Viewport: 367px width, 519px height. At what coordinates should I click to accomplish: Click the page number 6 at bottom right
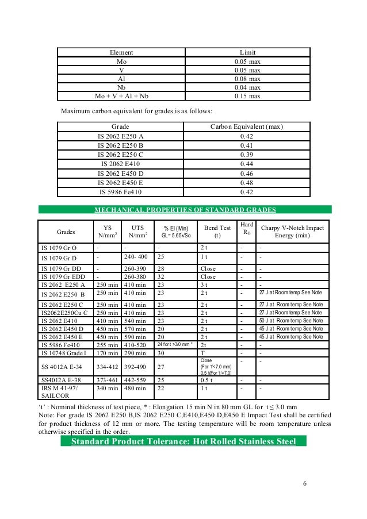[304, 482]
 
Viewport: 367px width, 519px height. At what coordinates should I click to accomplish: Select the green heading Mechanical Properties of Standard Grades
[185, 210]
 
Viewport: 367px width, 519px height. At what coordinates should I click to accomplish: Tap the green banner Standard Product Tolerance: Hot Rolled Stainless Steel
[183, 441]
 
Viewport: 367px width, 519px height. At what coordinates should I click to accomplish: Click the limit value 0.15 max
[247, 96]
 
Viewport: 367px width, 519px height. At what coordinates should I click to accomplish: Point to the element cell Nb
[121, 87]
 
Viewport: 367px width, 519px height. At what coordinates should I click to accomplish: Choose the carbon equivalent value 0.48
[247, 183]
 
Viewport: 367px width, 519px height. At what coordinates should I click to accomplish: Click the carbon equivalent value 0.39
[247, 155]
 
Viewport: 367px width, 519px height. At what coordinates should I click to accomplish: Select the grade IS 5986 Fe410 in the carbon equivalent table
[121, 193]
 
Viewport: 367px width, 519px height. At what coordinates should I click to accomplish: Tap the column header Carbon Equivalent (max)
[247, 126]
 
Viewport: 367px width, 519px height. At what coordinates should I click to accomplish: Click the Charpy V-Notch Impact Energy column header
[292, 232]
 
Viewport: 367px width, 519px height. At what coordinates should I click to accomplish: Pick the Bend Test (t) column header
[217, 232]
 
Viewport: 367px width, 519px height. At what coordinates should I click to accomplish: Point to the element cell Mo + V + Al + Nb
[121, 96]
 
